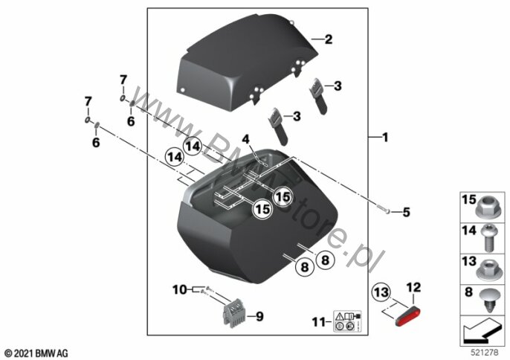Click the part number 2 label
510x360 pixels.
coord(328,39)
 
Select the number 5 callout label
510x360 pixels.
coord(405,213)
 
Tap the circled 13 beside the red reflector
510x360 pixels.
coord(381,290)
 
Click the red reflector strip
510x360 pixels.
coord(406,312)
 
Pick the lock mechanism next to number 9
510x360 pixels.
coord(232,314)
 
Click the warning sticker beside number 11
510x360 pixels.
coord(347,321)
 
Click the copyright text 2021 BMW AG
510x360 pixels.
coord(36,351)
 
